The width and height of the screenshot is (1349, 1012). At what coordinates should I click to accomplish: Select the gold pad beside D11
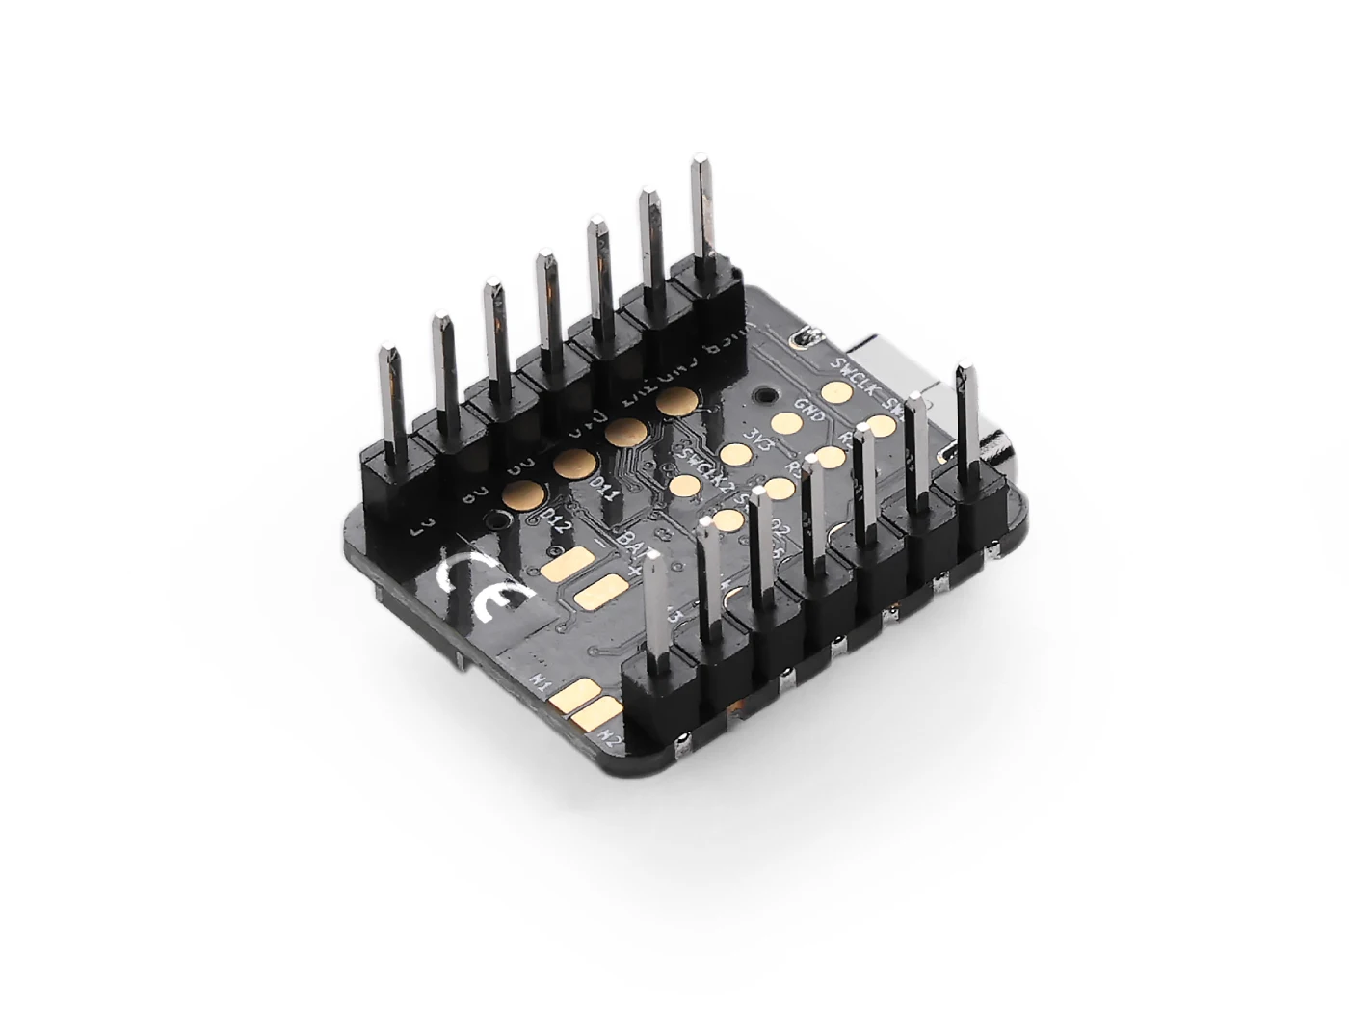(573, 464)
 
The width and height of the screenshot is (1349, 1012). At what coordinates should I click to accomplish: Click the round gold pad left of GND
(788, 422)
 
